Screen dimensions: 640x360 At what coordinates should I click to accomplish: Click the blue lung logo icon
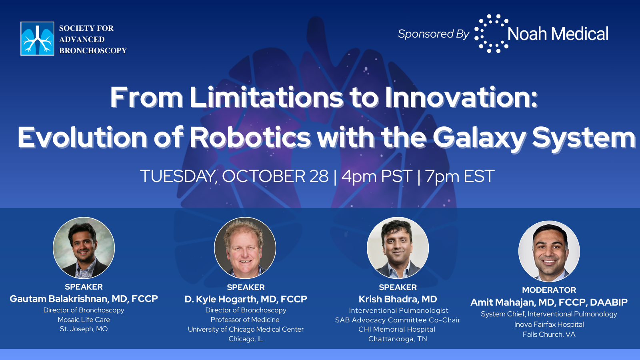(x=37, y=38)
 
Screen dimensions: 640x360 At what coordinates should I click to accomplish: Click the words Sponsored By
(x=434, y=34)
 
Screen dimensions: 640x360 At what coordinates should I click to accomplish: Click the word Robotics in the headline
(x=250, y=137)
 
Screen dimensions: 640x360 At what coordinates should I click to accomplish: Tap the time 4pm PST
(x=377, y=176)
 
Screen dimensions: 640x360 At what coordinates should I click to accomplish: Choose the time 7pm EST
(x=460, y=176)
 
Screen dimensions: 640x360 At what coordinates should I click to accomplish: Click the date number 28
(x=319, y=176)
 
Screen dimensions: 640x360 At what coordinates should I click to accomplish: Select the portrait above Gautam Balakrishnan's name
(x=84, y=248)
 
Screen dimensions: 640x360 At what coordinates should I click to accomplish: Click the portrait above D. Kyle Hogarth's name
(x=245, y=248)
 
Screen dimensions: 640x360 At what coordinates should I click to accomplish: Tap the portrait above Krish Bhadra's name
(x=398, y=248)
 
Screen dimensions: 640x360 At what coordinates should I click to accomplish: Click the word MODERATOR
(x=549, y=290)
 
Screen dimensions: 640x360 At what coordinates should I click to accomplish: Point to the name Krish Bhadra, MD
(x=398, y=299)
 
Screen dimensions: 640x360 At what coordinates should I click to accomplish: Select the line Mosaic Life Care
(x=84, y=320)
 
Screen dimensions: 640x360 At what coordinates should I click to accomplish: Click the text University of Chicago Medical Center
(x=246, y=329)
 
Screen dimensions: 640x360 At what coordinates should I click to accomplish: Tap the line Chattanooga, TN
(x=398, y=339)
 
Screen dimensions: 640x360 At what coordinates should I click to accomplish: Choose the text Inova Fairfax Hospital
(x=549, y=324)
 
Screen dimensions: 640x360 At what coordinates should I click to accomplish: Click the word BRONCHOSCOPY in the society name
(x=93, y=50)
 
